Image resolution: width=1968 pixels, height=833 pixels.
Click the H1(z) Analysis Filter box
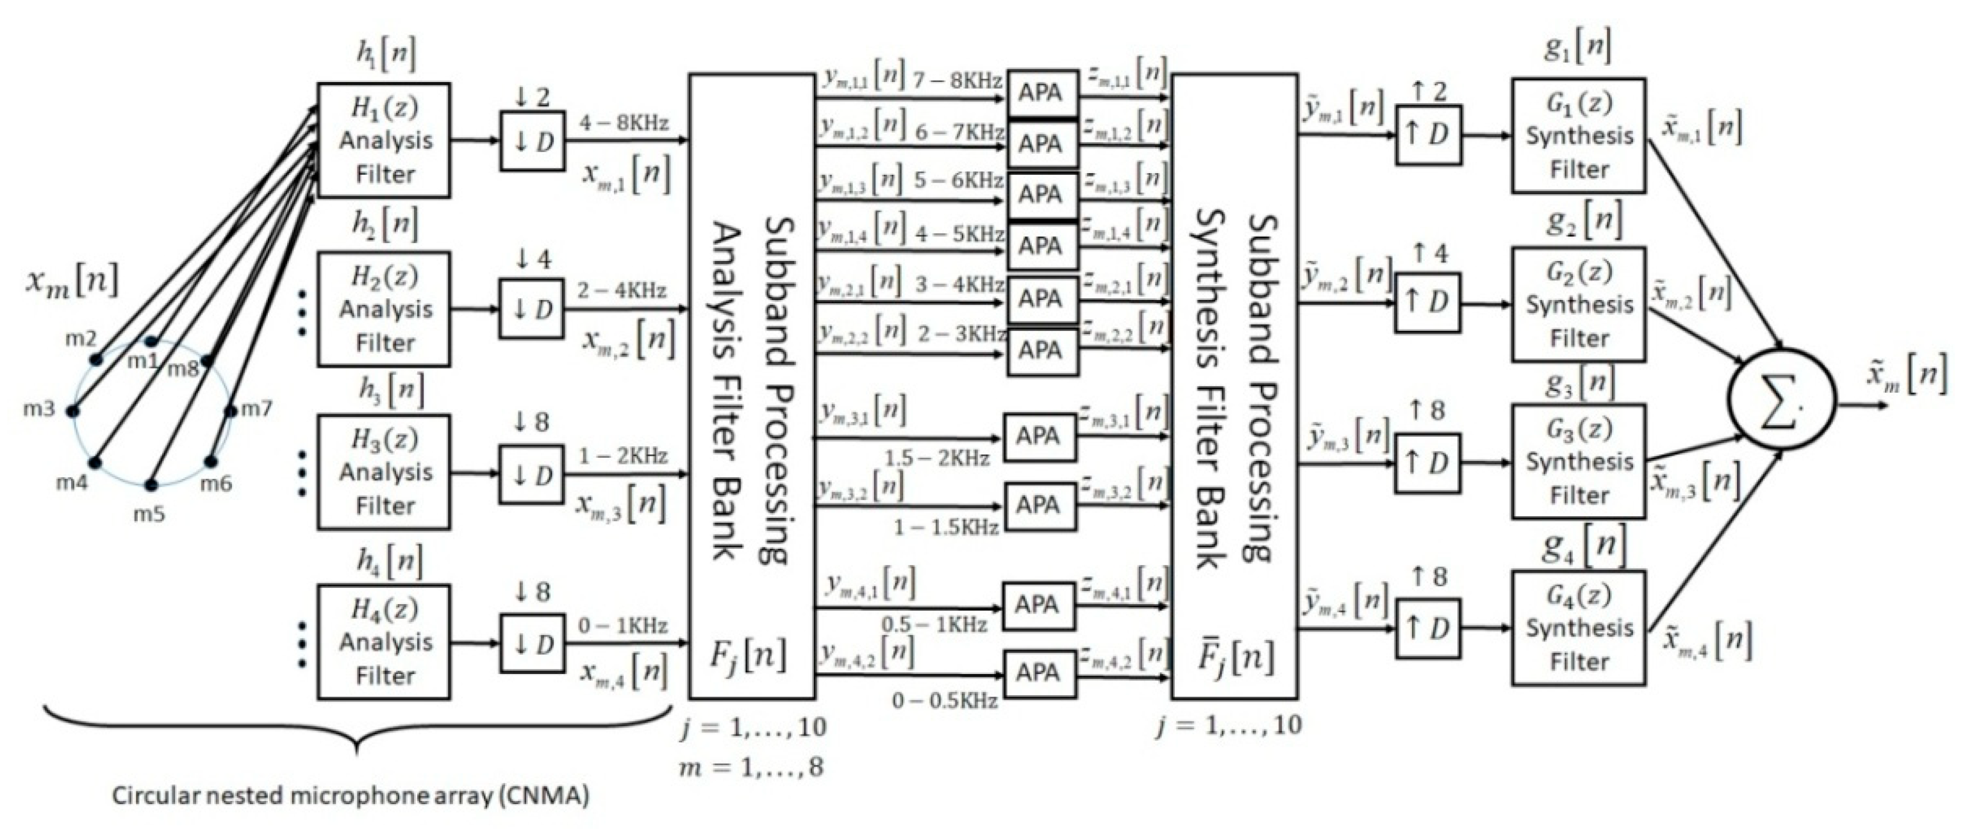coord(383,140)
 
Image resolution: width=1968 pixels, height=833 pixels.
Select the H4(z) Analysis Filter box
coord(383,642)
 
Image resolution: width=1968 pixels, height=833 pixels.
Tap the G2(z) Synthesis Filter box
coord(1578,304)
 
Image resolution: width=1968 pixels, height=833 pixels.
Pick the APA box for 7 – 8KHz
coord(1041,93)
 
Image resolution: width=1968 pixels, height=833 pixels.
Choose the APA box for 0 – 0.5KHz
coord(1038,673)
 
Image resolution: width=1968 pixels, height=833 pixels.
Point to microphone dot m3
coord(73,411)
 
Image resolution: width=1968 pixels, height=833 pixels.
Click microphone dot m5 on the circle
coord(152,485)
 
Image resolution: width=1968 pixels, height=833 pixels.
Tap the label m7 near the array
coord(257,409)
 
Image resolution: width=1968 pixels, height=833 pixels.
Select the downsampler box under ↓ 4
coord(532,309)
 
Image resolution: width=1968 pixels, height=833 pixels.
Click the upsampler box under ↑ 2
coord(1428,135)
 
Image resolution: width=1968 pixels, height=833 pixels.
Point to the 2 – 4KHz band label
coord(622,291)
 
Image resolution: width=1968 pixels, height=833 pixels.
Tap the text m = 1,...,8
coord(752,767)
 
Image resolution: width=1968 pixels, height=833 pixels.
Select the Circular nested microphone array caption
coord(351,796)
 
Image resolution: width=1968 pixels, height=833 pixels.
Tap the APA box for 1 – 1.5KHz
coord(1038,506)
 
